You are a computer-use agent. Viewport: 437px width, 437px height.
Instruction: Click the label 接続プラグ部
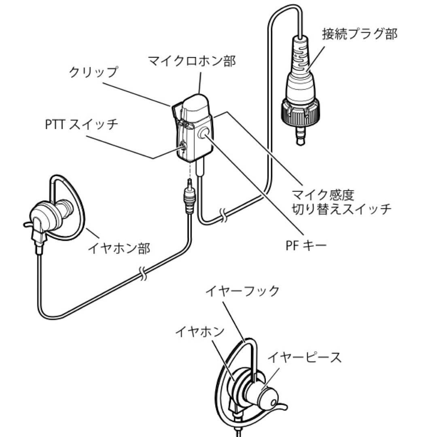(x=359, y=34)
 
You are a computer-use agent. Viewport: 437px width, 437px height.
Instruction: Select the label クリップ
(x=93, y=72)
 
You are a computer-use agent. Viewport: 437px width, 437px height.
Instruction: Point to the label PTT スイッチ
(x=82, y=124)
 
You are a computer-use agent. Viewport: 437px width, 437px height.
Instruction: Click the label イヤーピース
(x=305, y=357)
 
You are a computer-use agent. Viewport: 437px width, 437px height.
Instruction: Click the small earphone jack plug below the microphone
(x=189, y=198)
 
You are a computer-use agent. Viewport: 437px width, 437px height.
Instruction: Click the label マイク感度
(x=323, y=195)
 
